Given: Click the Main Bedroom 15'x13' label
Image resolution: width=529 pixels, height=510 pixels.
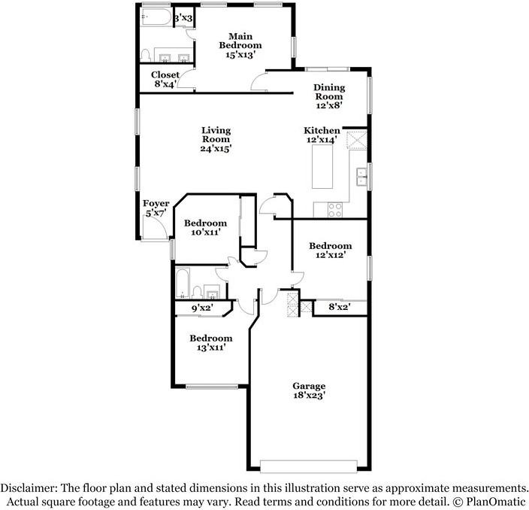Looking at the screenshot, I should tap(240, 45).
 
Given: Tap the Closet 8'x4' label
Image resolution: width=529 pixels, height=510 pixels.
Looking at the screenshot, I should tap(165, 80).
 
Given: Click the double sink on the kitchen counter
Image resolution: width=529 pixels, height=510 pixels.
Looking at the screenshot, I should tap(361, 177).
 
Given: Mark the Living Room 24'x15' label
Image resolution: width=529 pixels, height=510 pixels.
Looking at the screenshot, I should tap(215, 140).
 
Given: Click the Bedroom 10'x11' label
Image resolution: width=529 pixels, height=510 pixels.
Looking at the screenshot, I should tap(205, 228).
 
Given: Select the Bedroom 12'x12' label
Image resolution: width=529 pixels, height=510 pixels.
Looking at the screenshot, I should tap(330, 250).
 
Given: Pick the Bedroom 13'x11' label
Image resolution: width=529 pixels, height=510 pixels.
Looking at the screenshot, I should tap(210, 343).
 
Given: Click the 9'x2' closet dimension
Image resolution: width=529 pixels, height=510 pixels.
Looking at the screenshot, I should tap(201, 308).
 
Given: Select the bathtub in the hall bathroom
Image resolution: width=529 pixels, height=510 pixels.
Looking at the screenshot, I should tap(183, 284).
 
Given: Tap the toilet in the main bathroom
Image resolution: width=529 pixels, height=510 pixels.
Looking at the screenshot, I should tap(146, 55).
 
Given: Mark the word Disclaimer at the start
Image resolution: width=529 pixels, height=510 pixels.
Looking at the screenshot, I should tap(29, 487).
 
